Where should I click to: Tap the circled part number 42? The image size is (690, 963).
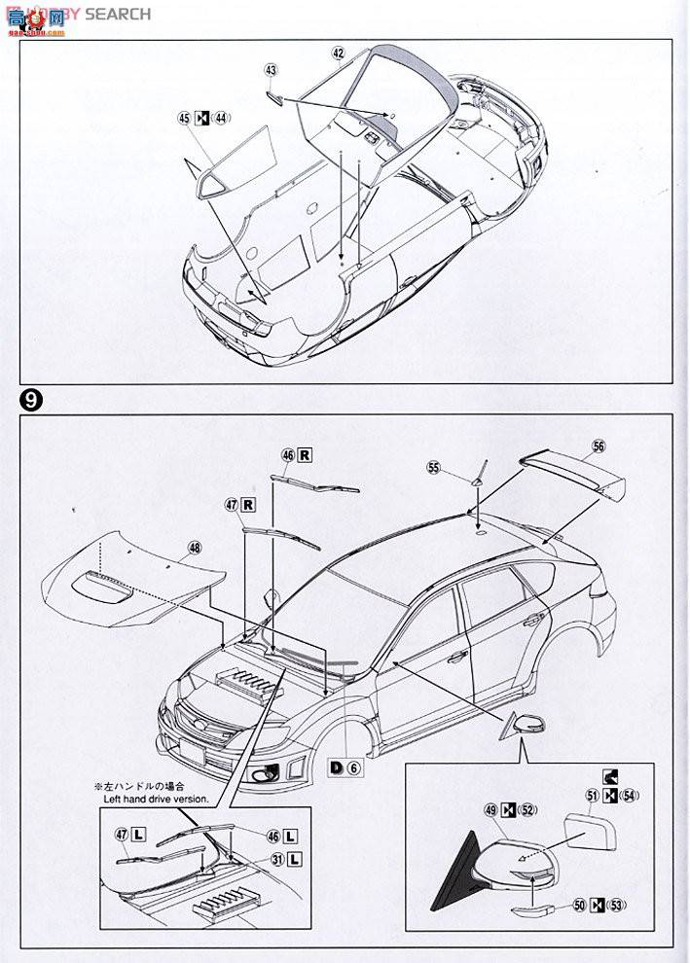tap(338, 53)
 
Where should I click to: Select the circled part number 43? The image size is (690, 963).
tap(271, 70)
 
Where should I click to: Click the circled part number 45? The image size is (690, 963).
tap(184, 119)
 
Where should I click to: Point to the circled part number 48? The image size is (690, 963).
tap(195, 548)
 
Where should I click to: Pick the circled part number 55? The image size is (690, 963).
tap(433, 468)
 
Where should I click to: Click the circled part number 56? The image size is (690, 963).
tap(598, 446)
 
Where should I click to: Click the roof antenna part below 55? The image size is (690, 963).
tap(477, 483)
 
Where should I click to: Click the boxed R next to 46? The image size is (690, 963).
tap(305, 454)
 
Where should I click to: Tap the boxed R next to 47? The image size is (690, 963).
tap(248, 504)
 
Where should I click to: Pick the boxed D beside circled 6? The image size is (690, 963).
tap(335, 767)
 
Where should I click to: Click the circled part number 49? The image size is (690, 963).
tap(490, 809)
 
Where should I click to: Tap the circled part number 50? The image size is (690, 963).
tap(578, 906)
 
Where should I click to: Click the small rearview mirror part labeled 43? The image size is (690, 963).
tap(277, 96)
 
